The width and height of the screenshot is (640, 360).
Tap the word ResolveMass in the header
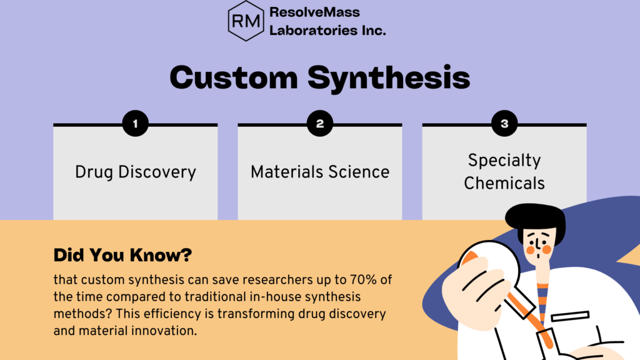(x=314, y=12)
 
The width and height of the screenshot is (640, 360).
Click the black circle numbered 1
(x=135, y=124)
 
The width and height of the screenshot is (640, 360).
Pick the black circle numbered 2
(x=319, y=124)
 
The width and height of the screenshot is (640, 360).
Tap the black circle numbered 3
(x=504, y=124)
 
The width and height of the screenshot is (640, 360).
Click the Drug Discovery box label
(x=136, y=172)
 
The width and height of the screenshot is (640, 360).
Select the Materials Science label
(x=320, y=172)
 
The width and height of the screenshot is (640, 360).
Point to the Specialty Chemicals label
(x=504, y=171)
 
